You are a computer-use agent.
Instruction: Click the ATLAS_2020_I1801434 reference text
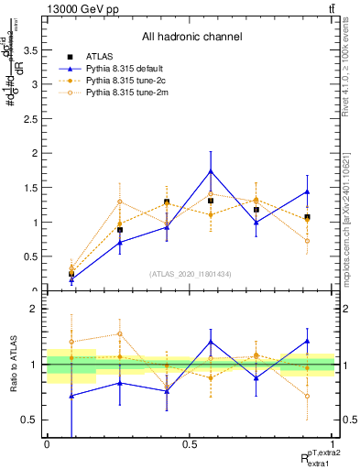pos(191,274)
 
